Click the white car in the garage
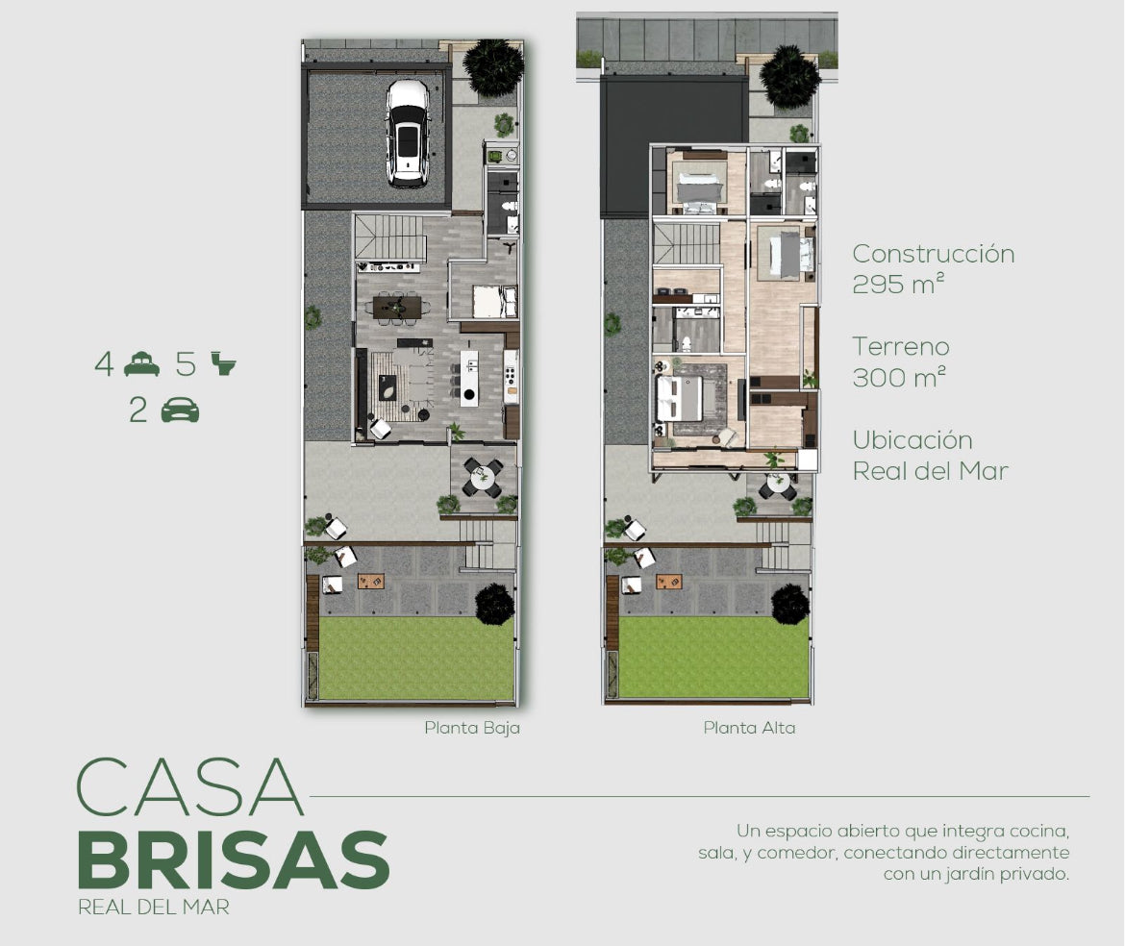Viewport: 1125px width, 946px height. [x=407, y=134]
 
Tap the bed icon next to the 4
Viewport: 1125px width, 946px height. [x=141, y=363]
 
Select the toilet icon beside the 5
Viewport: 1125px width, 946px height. [x=223, y=363]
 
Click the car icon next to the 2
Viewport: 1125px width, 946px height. [x=180, y=410]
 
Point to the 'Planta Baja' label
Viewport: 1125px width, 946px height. [x=472, y=728]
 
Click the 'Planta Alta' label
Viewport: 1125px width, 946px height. [x=749, y=728]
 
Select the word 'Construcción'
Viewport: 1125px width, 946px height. [x=934, y=253]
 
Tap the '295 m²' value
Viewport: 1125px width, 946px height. [x=897, y=284]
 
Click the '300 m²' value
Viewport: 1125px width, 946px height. [x=898, y=377]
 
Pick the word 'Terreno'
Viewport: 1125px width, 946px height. [x=901, y=346]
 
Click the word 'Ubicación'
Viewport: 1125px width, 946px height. [x=912, y=439]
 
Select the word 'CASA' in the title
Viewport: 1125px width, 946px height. [x=189, y=786]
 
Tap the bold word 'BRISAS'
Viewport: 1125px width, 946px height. [x=234, y=859]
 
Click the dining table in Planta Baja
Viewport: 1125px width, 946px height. [x=397, y=307]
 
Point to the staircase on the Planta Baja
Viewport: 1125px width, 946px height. [x=390, y=236]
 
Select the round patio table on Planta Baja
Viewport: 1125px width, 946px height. [x=482, y=477]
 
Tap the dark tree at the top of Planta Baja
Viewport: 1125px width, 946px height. [x=492, y=67]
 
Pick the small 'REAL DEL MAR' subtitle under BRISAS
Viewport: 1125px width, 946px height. [x=154, y=908]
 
